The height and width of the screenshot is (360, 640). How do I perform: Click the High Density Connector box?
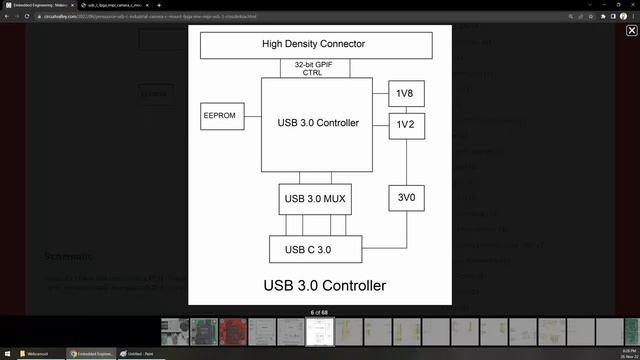313,44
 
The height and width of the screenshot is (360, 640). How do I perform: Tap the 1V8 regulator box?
405,94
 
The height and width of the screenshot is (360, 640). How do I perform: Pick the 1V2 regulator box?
405,125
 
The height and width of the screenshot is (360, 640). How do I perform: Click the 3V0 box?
405,198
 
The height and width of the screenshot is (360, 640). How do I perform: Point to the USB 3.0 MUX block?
314,199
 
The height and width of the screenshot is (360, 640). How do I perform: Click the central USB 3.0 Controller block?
318,124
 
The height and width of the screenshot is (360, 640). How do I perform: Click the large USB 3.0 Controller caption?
324,286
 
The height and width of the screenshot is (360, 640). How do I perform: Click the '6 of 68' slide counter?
319,313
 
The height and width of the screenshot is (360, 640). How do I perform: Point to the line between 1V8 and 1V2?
405,109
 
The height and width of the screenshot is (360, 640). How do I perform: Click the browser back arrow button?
8,17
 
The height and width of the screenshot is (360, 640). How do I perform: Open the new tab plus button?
159,5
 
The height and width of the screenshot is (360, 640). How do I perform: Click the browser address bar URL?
150,17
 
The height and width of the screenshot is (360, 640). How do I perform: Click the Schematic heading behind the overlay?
68,257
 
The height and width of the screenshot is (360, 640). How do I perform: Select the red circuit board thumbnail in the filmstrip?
234,332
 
